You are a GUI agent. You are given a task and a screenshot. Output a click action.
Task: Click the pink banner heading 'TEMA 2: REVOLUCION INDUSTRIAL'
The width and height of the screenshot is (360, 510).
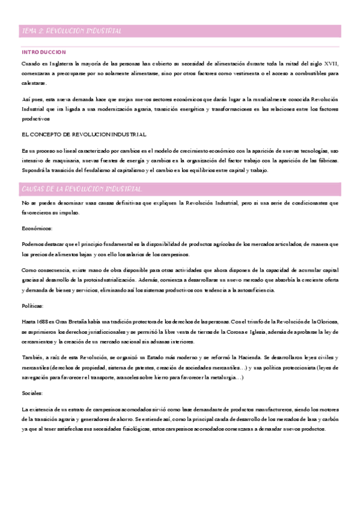(x=72, y=31)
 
